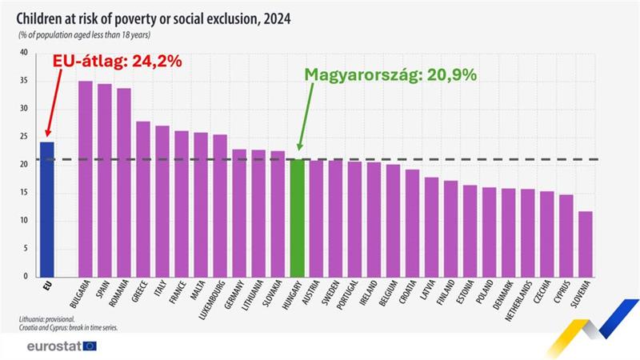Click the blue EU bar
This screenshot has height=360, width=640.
click(47, 209)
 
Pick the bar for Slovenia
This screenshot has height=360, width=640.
click(586, 243)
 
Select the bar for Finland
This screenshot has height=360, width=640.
click(451, 228)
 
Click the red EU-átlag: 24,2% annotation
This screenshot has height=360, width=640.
click(117, 61)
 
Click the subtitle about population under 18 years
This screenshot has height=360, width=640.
click(84, 35)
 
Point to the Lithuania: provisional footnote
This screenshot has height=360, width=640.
click(47, 318)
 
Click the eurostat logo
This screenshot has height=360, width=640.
click(61, 346)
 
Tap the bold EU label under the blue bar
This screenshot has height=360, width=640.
click(46, 283)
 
